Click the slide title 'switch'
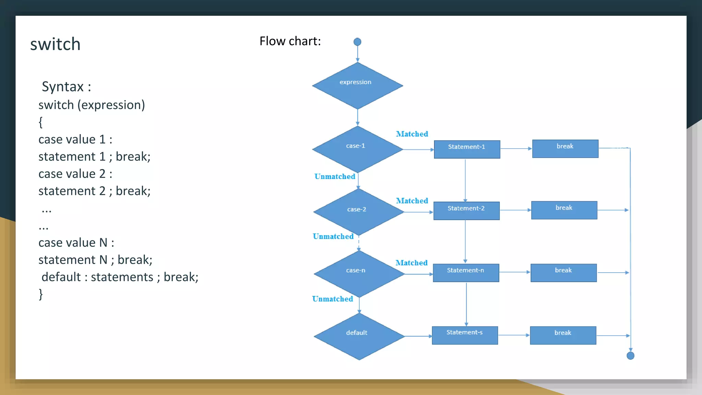point(55,44)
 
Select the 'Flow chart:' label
point(290,41)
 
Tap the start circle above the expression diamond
point(357,42)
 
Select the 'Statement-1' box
point(467,149)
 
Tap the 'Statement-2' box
point(466,211)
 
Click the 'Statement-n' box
point(465,273)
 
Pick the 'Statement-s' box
point(464,335)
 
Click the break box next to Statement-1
point(565,148)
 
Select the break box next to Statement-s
point(563,335)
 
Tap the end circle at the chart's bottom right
point(630,356)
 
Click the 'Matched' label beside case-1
point(412,134)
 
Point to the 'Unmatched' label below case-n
point(332,299)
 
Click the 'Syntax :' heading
point(66,86)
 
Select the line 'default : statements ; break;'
point(120,277)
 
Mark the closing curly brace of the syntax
point(41,294)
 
